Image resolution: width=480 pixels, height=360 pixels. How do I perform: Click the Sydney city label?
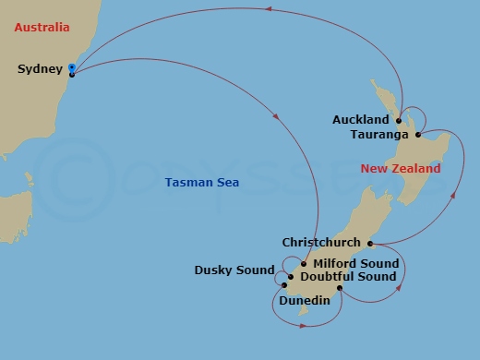coord(40,69)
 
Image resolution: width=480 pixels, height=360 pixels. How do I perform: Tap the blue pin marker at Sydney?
coord(71,68)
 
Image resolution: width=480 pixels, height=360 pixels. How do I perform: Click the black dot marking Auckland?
coord(398,120)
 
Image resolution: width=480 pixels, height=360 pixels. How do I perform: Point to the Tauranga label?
coord(379,135)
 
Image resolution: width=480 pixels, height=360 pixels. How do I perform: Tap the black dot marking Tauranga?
coord(417,135)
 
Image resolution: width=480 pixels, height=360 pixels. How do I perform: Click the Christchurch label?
coord(322,243)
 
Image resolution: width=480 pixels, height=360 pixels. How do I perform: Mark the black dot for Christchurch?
coord(369,244)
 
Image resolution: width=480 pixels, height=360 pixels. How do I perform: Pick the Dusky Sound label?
coord(234,270)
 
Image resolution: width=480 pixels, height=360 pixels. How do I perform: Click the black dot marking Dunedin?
coord(340,288)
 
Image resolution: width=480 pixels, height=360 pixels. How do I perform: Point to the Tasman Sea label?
coord(202,183)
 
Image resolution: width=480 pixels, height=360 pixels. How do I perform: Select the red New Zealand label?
coord(400,169)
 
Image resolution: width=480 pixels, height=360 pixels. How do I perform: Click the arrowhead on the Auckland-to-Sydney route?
coord(268,9)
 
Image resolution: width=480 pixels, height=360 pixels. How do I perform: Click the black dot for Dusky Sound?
coord(284,284)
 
